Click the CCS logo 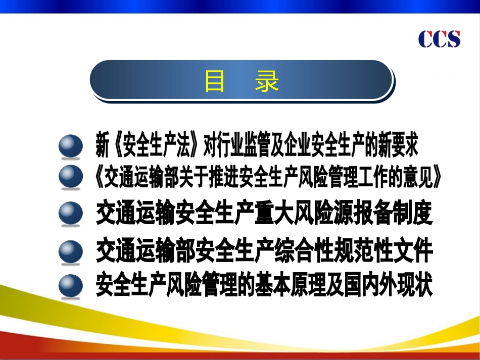(x=439, y=39)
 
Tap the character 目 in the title (x=214, y=81)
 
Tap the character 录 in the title (x=266, y=81)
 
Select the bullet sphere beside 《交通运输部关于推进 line (x=70, y=176)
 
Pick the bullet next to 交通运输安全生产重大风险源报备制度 (x=70, y=213)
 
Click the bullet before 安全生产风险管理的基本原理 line (x=70, y=285)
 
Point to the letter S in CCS (x=453, y=39)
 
